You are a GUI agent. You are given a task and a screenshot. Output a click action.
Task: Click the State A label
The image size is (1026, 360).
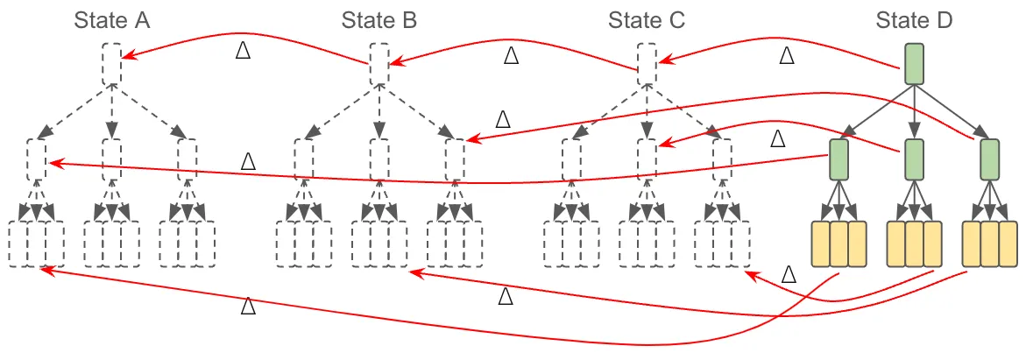pyautogui.click(x=112, y=19)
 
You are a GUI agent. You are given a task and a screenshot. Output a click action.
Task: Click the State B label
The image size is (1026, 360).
pyautogui.click(x=379, y=19)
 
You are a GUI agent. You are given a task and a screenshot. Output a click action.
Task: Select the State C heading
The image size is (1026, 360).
pyautogui.click(x=647, y=19)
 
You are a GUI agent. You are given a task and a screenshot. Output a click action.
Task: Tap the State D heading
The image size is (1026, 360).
pyautogui.click(x=914, y=19)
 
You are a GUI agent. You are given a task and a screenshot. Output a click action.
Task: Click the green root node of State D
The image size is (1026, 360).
pyautogui.click(x=914, y=64)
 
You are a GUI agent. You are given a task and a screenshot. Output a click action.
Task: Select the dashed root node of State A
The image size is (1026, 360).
pyautogui.click(x=111, y=64)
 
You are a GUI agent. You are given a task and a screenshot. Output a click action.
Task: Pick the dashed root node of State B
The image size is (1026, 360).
pyautogui.click(x=379, y=64)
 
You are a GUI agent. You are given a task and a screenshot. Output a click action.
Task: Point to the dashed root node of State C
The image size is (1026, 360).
pyautogui.click(x=647, y=64)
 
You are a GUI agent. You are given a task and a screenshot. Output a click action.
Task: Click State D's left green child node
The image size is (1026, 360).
pyautogui.click(x=838, y=159)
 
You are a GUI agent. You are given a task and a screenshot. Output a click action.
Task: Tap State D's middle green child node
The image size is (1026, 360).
pyautogui.click(x=914, y=159)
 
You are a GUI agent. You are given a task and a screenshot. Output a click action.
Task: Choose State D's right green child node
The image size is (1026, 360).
pyautogui.click(x=989, y=159)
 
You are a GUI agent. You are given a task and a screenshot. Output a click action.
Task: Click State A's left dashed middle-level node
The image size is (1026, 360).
pyautogui.click(x=36, y=159)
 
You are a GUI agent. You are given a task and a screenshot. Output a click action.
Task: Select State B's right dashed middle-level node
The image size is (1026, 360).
pyautogui.click(x=455, y=159)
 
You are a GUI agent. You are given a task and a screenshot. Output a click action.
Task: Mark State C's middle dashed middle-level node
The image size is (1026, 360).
pyautogui.click(x=647, y=159)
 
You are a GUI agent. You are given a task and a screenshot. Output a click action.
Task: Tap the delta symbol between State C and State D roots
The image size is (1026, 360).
pyautogui.click(x=786, y=55)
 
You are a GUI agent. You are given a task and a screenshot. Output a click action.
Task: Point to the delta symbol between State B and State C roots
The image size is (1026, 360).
pyautogui.click(x=511, y=55)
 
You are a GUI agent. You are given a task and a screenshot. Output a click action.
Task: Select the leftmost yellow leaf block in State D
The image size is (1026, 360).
pyautogui.click(x=820, y=244)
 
